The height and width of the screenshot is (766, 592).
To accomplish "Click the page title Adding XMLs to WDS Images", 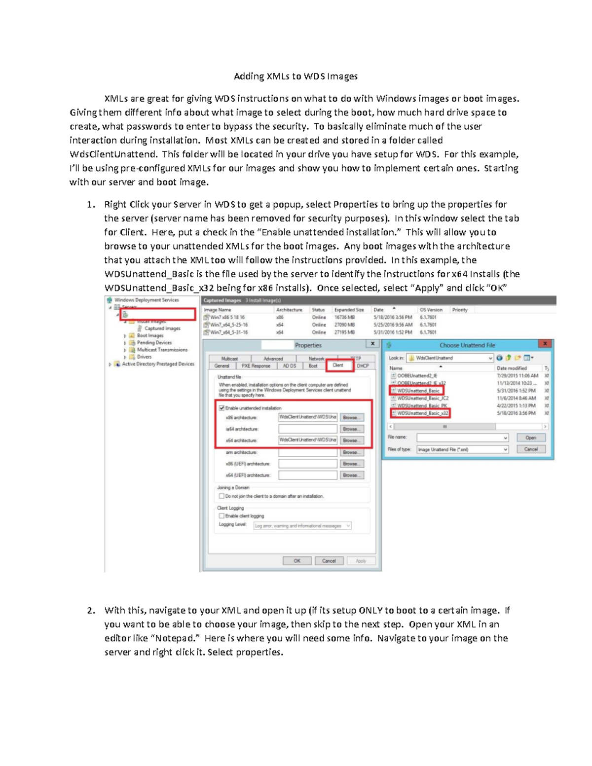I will coord(296,76).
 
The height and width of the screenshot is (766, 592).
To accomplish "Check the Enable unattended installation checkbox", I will coord(222,408).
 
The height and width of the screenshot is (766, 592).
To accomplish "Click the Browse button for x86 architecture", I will coord(351,417).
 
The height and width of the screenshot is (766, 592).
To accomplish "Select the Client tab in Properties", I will coord(338,365).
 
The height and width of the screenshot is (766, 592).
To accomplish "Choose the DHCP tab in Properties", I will coord(363,366).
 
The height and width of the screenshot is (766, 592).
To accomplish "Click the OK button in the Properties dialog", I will coord(297,561).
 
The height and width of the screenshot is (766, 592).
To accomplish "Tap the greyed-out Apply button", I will coord(361,561).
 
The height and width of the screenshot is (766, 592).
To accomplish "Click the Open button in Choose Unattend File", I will coord(531,438).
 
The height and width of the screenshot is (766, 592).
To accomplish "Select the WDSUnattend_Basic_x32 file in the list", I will coord(423,413).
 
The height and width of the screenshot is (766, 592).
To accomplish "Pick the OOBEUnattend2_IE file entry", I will coord(417,376).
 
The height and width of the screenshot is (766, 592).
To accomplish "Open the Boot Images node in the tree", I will coord(150,335).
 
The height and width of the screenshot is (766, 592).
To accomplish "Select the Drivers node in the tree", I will coord(144,357).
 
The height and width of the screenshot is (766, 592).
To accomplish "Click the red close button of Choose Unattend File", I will coord(545,344).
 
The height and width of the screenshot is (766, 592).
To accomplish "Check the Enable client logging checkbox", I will coord(222,516).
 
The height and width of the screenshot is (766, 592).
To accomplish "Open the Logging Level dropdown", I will coord(302,526).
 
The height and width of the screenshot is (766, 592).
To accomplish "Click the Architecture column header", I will coord(289,310).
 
